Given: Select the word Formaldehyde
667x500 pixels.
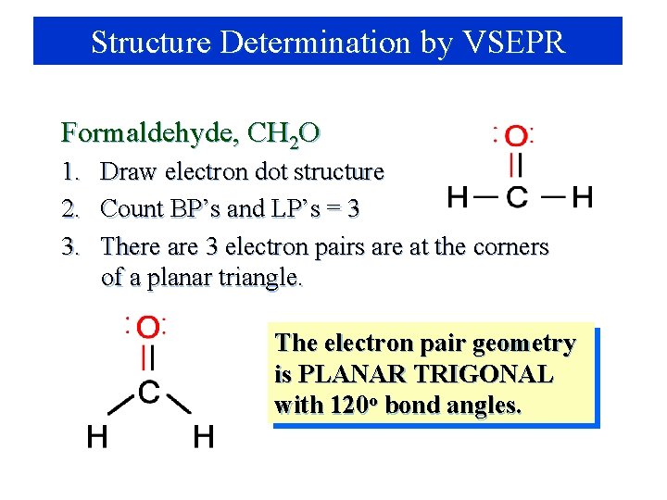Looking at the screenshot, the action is point(145,133).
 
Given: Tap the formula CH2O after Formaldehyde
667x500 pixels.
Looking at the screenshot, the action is point(283,134).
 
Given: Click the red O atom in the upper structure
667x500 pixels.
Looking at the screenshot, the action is point(517,137).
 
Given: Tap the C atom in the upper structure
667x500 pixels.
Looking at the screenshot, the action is point(517,196).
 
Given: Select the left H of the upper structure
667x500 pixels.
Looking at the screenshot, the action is point(458,196).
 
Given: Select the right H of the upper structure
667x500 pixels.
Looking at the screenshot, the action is point(582,196).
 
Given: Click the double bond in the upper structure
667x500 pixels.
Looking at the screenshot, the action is point(517,167).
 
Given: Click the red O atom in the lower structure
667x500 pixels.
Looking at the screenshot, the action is point(148,328).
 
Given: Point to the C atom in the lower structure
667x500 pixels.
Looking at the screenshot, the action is point(148,392).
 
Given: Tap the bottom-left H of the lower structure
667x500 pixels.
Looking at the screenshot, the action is point(96,436).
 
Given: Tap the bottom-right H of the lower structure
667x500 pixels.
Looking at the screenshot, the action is point(203,436).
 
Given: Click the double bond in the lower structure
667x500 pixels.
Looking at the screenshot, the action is point(148,358).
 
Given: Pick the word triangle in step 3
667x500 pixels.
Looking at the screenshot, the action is point(258,277).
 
